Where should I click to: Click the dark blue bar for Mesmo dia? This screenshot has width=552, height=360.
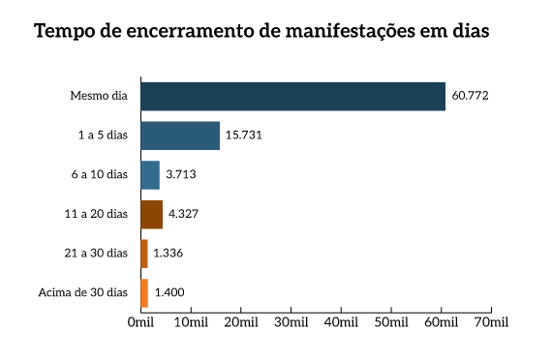292,97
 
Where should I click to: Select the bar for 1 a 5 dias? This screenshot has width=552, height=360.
180,135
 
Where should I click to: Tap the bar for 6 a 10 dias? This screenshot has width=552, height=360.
150,175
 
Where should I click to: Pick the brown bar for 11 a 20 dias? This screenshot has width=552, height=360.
151,214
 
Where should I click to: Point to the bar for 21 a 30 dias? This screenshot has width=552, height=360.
144,254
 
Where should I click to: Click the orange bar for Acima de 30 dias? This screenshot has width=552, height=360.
144,292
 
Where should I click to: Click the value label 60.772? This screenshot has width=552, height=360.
471,97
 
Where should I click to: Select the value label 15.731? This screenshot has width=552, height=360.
244,135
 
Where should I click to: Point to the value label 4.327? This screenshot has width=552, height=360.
185,214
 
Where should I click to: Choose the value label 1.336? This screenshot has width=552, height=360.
169,254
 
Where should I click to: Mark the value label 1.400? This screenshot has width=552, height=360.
169,292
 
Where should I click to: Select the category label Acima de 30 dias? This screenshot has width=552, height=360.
82,292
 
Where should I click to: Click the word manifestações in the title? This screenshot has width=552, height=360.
344,31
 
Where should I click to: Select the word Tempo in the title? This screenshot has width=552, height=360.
66,31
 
